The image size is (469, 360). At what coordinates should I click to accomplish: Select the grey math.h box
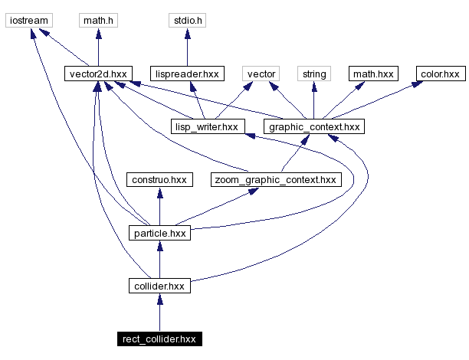click(x=97, y=21)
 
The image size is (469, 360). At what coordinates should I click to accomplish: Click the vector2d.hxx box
click(x=97, y=74)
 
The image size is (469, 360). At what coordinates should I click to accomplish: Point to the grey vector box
click(x=260, y=74)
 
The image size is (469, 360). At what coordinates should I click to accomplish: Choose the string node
click(x=314, y=74)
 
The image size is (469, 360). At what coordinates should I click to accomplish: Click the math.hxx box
click(x=372, y=74)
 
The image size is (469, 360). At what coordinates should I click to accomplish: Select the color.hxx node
click(x=440, y=74)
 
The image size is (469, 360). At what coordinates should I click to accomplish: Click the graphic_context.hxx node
click(x=313, y=126)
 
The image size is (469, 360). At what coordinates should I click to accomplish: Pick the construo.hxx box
click(x=159, y=179)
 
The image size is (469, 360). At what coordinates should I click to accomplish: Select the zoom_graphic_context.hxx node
click(x=274, y=179)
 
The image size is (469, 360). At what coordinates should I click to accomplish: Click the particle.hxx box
click(x=159, y=232)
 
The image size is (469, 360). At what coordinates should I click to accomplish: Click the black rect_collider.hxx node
click(x=159, y=338)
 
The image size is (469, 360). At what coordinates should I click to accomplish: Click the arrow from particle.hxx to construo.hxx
click(x=159, y=206)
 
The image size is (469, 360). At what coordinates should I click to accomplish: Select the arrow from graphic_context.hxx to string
click(x=313, y=100)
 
